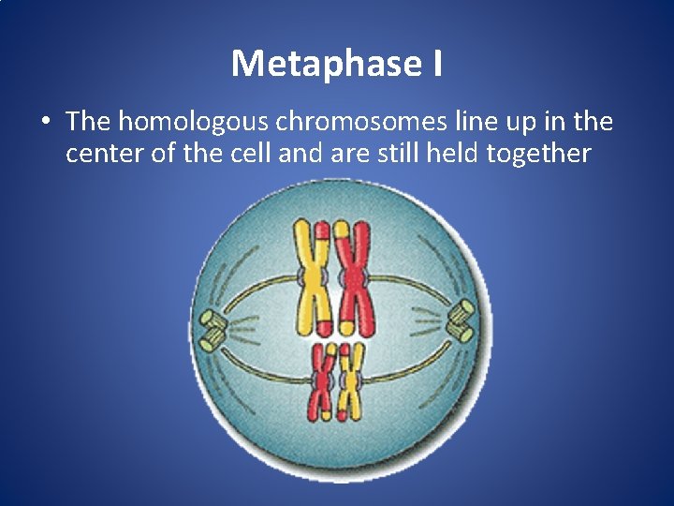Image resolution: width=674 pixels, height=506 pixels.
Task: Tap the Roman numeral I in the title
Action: click(438, 64)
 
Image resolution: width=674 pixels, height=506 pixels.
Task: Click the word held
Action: click(452, 153)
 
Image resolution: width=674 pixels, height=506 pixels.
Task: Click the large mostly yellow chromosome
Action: click(310, 278)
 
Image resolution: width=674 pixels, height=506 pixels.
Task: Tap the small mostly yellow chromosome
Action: click(351, 380)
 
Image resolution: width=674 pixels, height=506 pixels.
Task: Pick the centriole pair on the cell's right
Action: click(462, 321)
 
